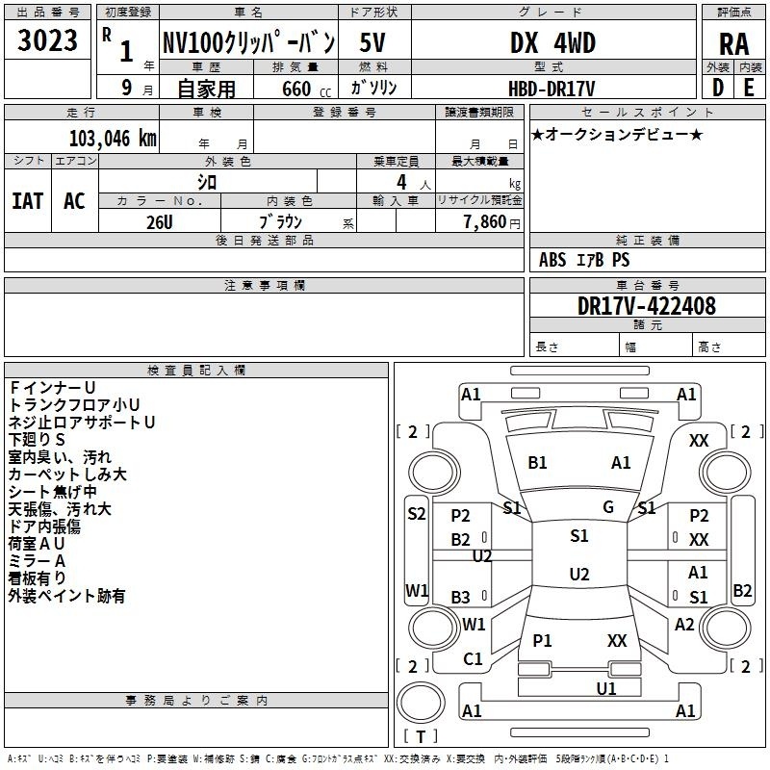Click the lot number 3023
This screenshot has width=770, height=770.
[47, 40]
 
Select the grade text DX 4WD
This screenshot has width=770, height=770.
[552, 42]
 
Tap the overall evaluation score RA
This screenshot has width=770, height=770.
[733, 44]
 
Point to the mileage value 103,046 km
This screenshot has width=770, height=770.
[113, 139]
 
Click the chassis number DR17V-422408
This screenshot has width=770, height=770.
[647, 306]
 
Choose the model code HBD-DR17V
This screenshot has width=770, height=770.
[552, 89]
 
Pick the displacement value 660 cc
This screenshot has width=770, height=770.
[306, 89]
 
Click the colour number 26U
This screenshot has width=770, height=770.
[160, 222]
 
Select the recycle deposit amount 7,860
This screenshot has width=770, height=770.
[485, 222]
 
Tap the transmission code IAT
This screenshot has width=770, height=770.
[28, 201]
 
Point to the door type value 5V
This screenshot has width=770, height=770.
[372, 42]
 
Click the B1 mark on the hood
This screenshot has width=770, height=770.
[537, 463]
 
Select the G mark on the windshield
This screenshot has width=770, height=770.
[608, 507]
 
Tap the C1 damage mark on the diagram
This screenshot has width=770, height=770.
[473, 658]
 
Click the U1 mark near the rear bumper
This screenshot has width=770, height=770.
[606, 688]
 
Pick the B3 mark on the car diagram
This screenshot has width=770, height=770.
[460, 597]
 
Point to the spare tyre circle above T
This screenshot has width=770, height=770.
[421, 703]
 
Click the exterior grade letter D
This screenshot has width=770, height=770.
[718, 88]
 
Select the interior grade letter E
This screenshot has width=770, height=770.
[749, 88]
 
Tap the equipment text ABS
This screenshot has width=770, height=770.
[552, 260]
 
